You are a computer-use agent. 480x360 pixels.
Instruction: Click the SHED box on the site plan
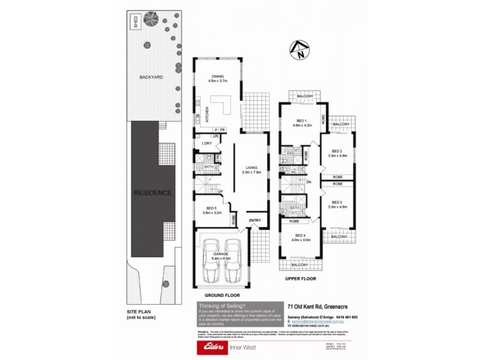(x=136, y=23)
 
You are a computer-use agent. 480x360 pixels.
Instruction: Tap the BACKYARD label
(x=151, y=77)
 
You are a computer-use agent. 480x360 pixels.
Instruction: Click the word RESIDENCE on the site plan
(x=152, y=193)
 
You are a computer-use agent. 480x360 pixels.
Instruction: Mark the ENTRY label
(x=254, y=220)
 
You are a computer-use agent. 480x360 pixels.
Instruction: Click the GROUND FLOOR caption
(x=221, y=296)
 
